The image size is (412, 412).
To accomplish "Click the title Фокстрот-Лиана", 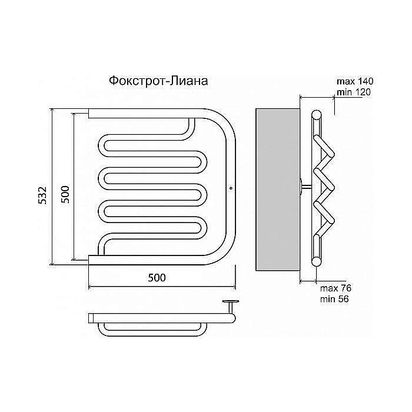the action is [158, 81].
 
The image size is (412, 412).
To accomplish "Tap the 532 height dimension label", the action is [42, 195].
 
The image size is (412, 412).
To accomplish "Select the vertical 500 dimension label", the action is [65, 194].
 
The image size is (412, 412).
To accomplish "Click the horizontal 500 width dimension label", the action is [157, 277].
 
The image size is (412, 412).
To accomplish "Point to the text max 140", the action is [355, 81].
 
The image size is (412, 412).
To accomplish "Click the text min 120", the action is [354, 92].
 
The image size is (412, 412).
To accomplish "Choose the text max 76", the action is [335, 288].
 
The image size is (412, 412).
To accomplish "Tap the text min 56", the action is [334, 299].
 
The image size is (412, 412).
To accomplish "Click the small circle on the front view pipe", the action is [231, 188].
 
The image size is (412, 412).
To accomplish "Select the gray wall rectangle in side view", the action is [278, 190].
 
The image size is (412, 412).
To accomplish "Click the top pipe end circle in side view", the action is [317, 115].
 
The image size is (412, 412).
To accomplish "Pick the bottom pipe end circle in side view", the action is [317, 261].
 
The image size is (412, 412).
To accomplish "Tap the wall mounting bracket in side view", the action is [305, 187].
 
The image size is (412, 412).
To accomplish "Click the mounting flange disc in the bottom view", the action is [231, 301].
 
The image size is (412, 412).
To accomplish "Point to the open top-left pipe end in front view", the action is [89, 114].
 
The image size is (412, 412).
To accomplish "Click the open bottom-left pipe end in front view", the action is [89, 260].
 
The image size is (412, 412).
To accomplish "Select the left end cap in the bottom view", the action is [91, 318].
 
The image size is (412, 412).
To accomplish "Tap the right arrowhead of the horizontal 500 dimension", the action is [234, 287].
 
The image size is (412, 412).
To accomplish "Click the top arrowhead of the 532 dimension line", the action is [52, 111].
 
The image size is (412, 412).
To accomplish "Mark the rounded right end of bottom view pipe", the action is [232, 318].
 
